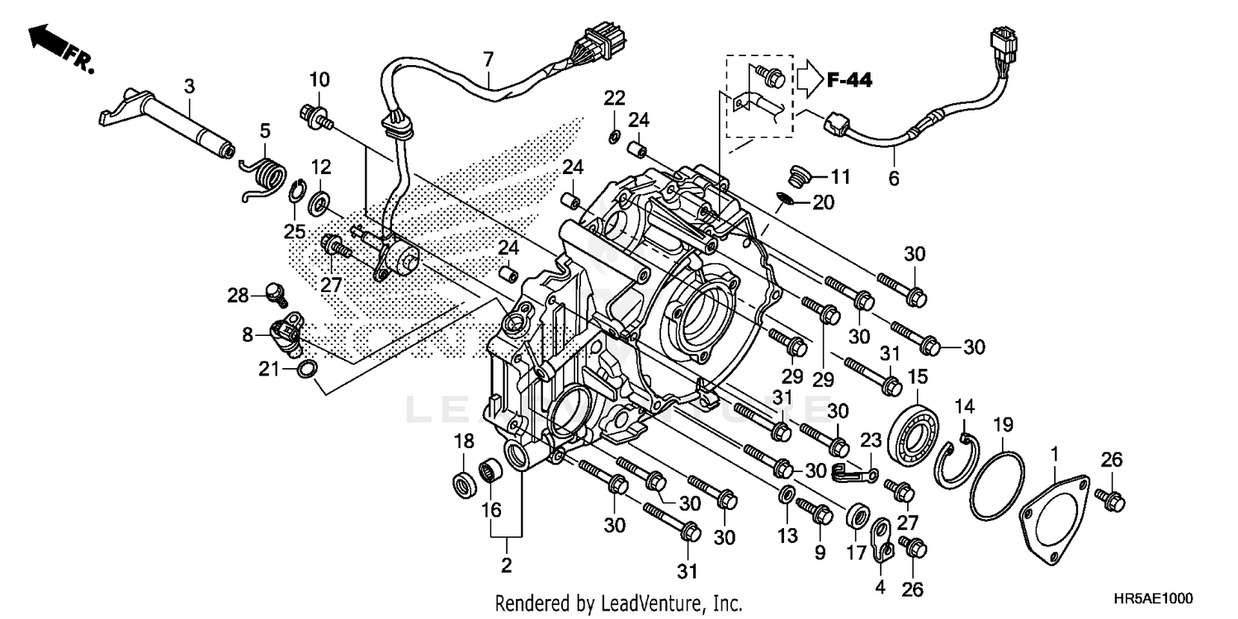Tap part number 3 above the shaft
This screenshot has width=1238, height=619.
pyautogui.click(x=190, y=86)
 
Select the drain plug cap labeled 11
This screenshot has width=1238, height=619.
pyautogui.click(x=797, y=175)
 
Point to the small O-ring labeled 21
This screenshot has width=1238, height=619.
pyautogui.click(x=306, y=369)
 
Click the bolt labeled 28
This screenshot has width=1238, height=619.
pyautogui.click(x=275, y=291)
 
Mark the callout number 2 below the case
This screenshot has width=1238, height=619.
pyautogui.click(x=506, y=565)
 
